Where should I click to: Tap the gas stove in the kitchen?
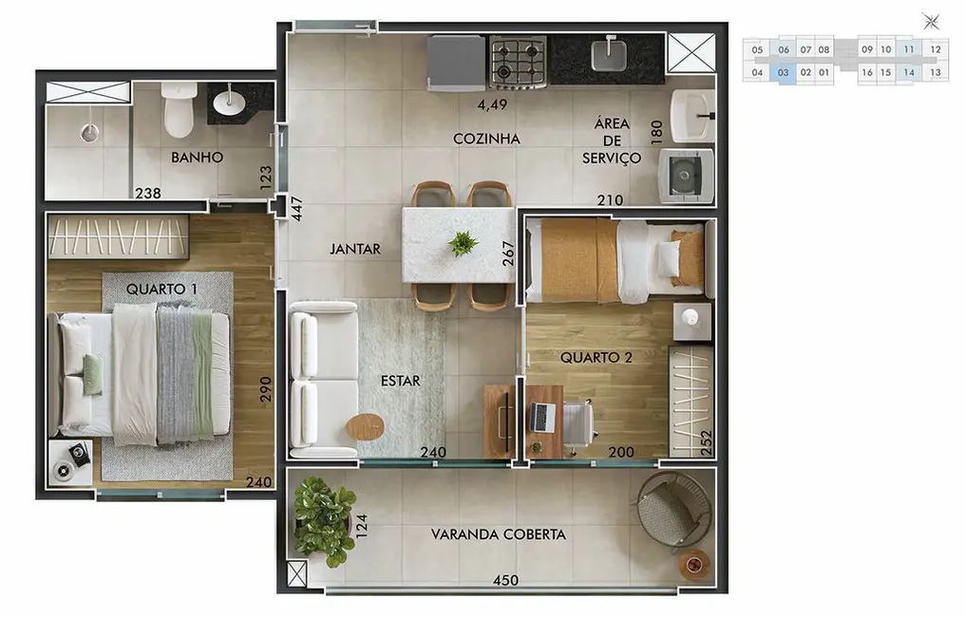(518, 63)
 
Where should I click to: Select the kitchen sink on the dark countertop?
(608, 56)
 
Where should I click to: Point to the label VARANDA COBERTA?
(498, 534)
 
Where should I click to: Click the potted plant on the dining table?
(463, 244)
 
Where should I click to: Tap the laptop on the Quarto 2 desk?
(543, 417)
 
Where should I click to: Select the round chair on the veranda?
(672, 509)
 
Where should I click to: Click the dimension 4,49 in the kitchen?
(494, 104)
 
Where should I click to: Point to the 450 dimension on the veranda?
(506, 580)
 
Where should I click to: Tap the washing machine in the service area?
(686, 175)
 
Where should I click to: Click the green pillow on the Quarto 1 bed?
(92, 374)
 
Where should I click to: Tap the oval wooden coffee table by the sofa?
(366, 427)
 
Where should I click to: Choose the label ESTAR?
(400, 381)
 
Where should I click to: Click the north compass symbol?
(931, 21)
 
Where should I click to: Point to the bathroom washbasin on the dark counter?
(229, 103)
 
